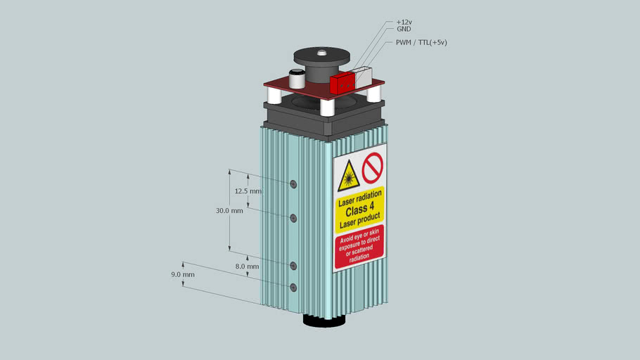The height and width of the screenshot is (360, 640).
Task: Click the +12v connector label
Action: (404, 22)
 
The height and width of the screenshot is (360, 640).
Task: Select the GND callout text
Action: (404, 29)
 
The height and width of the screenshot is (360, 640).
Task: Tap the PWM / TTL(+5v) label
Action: (421, 42)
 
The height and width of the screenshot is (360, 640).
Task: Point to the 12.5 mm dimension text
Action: (248, 191)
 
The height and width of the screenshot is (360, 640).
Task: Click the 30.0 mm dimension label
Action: (229, 211)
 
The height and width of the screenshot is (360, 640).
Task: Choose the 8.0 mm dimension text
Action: (247, 266)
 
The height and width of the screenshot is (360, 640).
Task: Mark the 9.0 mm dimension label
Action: (183, 275)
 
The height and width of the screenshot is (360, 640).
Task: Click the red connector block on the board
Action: (342, 83)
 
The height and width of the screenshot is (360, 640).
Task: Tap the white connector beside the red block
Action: (364, 77)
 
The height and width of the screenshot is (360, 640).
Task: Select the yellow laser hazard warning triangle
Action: (348, 176)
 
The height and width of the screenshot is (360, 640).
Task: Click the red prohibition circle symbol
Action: (373, 167)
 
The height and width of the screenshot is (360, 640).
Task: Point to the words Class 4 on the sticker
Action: (359, 210)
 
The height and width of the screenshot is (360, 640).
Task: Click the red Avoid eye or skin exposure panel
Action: (359, 247)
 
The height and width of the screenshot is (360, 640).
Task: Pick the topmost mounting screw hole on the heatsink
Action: (293, 184)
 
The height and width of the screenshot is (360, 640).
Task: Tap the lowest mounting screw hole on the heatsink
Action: (293, 288)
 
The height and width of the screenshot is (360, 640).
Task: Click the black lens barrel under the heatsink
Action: (324, 320)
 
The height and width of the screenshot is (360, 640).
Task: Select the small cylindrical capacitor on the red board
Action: (297, 79)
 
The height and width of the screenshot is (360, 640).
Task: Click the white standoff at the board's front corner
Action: (327, 108)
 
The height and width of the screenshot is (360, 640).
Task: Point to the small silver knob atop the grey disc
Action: (322, 53)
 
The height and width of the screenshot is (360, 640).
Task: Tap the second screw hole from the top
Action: (293, 219)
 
